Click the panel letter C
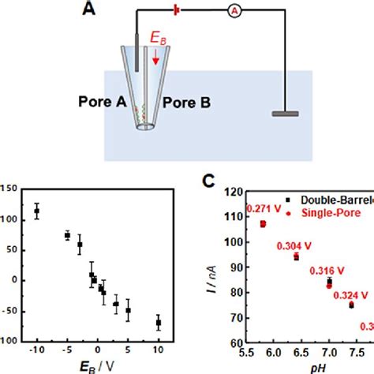pyautogui.click(x=208, y=180)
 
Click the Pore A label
pyautogui.click(x=102, y=102)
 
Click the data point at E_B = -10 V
pyautogui.click(x=36, y=211)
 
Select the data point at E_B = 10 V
pyautogui.click(x=158, y=323)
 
